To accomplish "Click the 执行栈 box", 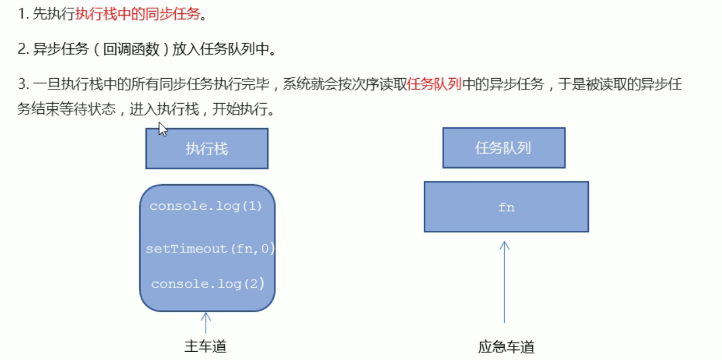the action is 207,149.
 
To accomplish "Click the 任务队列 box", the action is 504,148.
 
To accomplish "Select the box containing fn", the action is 506,206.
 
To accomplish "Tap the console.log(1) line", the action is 206,206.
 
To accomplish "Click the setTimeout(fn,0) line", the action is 210,249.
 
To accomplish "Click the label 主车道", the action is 206,347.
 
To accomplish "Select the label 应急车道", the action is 506,347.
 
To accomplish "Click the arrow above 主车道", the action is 206,323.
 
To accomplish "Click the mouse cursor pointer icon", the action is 162,129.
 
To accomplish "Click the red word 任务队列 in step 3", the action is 434,85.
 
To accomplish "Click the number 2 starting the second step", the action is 22,49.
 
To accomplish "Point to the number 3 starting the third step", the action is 22,85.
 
